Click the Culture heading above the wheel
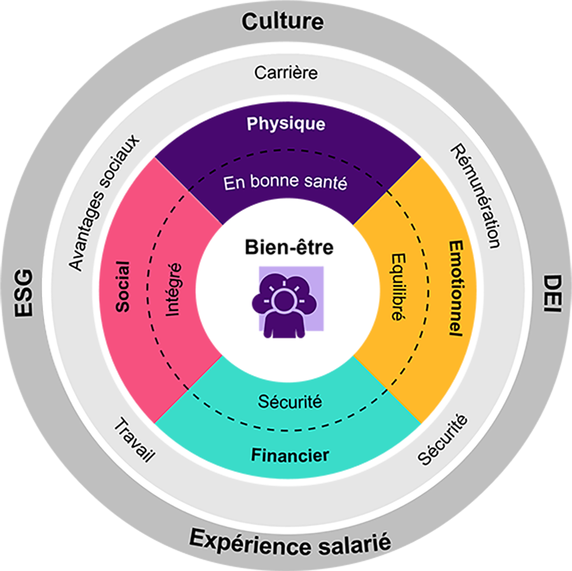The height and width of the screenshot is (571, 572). (282, 22)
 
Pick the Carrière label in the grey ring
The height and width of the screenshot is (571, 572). (286, 73)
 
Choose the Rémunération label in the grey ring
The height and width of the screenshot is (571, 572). (475, 195)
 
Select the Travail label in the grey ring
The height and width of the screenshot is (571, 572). (135, 440)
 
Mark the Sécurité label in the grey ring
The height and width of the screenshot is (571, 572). (443, 439)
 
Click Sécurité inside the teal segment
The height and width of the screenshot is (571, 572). (290, 402)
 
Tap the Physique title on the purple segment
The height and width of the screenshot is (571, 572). (286, 123)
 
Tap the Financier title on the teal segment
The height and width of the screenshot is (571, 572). (290, 455)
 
